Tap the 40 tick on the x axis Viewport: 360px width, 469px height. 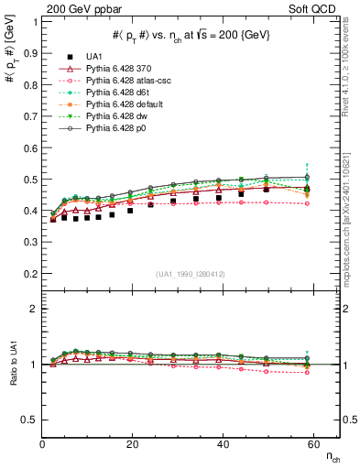tap(219, 445)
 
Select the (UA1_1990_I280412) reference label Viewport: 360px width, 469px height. tap(191, 274)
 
